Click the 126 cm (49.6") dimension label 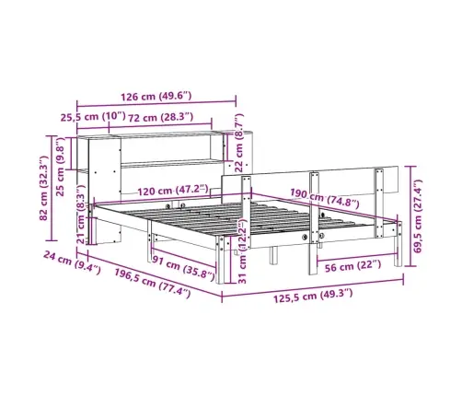pyautogui.click(x=156, y=97)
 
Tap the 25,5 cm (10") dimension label pyautogui.click(x=93, y=117)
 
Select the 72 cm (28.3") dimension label pyautogui.click(x=160, y=118)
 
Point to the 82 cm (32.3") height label pyautogui.click(x=44, y=188)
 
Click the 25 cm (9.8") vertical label pyautogui.click(x=61, y=167)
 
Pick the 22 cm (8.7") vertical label pyautogui.click(x=239, y=143)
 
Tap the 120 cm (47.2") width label pyautogui.click(x=173, y=191)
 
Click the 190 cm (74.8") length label pyautogui.click(x=324, y=198)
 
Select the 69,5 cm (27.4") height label pyautogui.click(x=418, y=215)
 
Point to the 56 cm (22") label pyautogui.click(x=352, y=266)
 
